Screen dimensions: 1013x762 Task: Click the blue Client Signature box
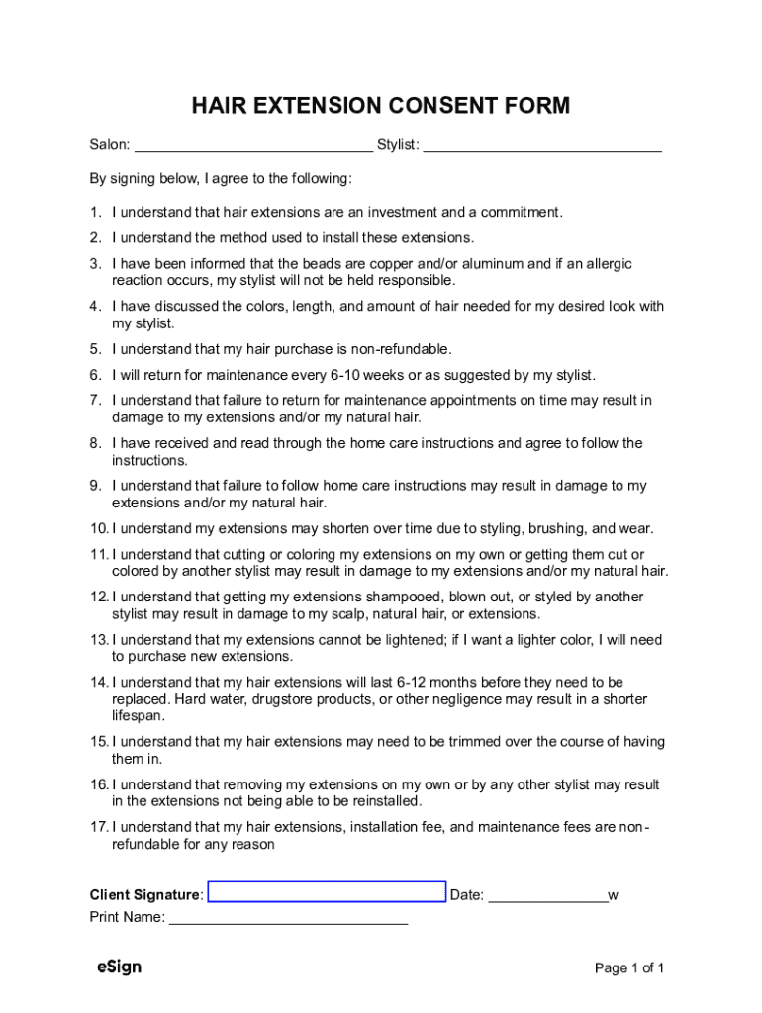tap(327, 892)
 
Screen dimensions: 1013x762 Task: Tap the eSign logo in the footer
tap(119, 967)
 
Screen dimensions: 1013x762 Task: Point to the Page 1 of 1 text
tap(629, 968)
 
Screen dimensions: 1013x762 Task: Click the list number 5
tap(95, 349)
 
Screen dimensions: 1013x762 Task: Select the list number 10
tap(98, 529)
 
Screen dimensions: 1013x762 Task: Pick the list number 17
tap(98, 827)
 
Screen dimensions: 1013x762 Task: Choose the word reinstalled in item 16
tap(385, 801)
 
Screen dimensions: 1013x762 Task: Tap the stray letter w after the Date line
tap(614, 895)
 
